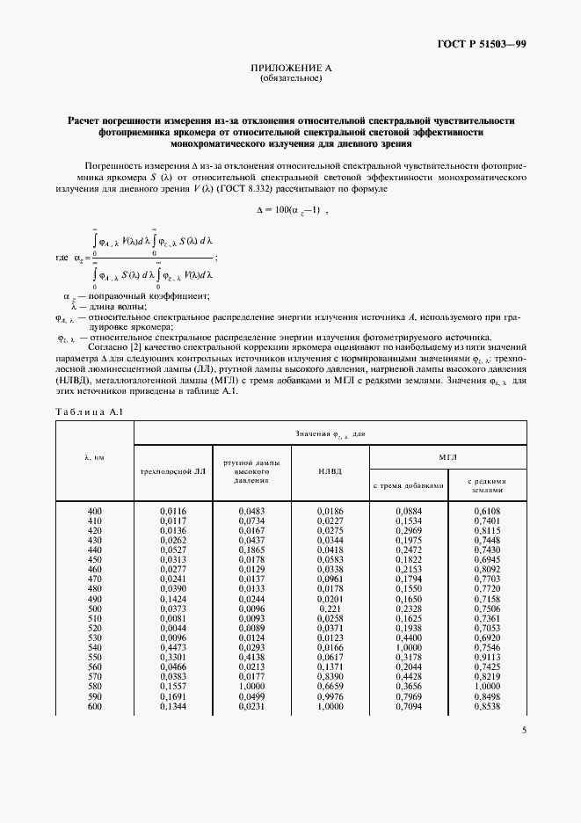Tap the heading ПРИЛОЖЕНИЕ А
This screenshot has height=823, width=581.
coord(291,69)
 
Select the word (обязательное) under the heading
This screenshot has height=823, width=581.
coord(291,78)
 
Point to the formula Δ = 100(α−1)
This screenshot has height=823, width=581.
coord(291,211)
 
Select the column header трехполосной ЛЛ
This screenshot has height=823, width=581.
coord(173,470)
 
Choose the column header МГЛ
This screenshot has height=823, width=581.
coord(448,457)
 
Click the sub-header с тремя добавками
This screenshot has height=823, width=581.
coord(409,484)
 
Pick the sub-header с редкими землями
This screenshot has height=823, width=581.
coord(486,484)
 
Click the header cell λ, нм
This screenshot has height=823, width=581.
coord(94,457)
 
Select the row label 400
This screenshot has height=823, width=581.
coord(95,511)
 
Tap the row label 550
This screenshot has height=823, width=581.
coord(95,656)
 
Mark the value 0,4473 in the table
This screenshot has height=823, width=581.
coord(173,646)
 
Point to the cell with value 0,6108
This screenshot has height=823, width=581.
coord(486,511)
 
